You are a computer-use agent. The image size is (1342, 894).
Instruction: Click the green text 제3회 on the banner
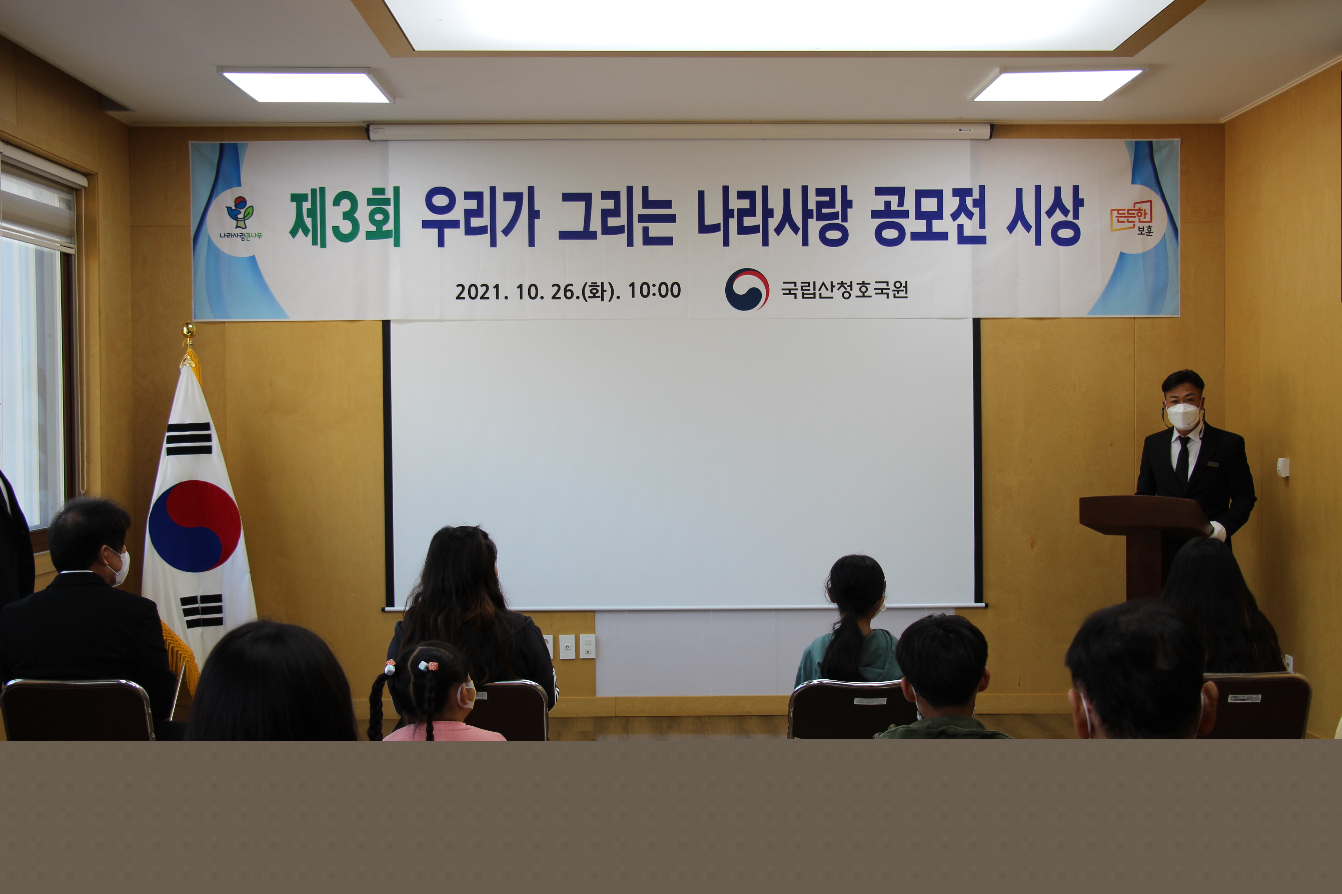[x=345, y=217]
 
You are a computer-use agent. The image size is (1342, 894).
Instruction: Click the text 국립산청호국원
[x=844, y=290]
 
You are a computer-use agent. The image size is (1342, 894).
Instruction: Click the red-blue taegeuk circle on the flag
[x=195, y=526]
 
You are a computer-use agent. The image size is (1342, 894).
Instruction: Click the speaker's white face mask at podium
[x=1183, y=416]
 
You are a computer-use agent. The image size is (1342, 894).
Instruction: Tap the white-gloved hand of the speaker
[x=1218, y=531]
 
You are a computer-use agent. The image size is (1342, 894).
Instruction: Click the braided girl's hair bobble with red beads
[x=428, y=665]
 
